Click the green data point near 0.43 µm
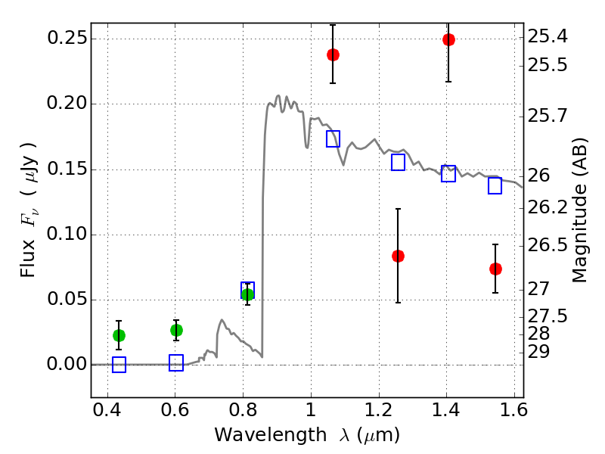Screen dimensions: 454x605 click(119, 335)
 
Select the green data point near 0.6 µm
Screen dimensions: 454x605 click(176, 330)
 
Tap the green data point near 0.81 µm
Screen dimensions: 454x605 click(247, 294)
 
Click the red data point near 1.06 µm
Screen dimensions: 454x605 click(333, 54)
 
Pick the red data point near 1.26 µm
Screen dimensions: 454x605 click(398, 256)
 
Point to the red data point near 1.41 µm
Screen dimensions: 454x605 click(448, 40)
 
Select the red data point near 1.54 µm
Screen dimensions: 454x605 click(495, 269)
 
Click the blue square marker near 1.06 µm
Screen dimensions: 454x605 click(333, 138)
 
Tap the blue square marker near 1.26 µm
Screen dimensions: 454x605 click(399, 163)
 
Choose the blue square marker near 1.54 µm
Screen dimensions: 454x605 click(495, 186)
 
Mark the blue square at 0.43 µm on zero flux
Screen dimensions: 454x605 click(119, 365)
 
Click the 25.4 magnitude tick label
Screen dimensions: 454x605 click(548, 36)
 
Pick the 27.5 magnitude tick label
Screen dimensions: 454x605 click(548, 315)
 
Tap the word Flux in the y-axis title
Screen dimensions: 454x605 click(28, 240)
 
